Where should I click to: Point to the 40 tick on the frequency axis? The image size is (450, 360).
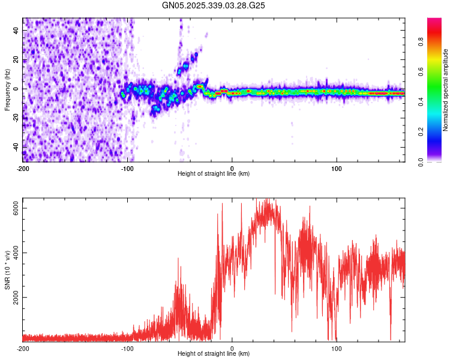click(x=17, y=31)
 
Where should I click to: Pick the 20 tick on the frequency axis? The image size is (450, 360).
click(x=17, y=60)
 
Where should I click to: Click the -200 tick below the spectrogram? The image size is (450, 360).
click(x=23, y=168)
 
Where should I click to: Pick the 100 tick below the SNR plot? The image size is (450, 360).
click(x=337, y=348)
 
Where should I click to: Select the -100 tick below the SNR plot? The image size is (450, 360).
click(x=127, y=348)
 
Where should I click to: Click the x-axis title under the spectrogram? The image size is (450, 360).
click(x=214, y=174)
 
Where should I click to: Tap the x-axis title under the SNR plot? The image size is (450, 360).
click(x=214, y=353)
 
